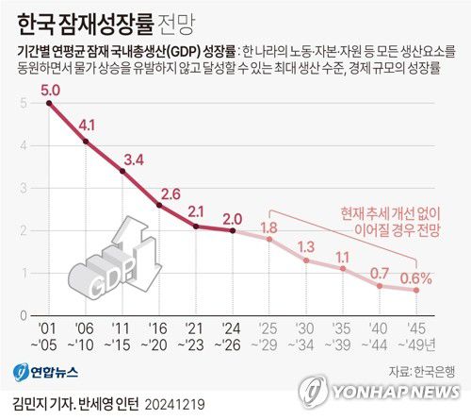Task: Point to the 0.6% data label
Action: click(x=414, y=277)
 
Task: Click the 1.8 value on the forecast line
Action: click(x=268, y=227)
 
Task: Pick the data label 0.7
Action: click(x=380, y=273)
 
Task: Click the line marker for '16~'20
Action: click(x=159, y=206)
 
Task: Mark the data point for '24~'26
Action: click(x=233, y=230)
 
